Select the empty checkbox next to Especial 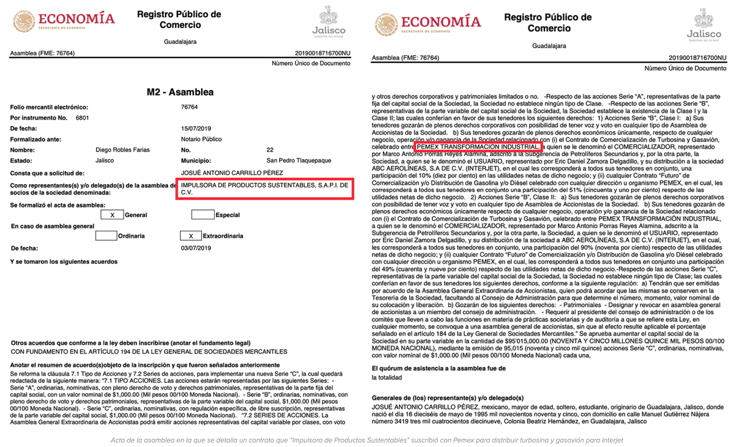tap(202, 215)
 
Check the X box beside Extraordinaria tap(191, 236)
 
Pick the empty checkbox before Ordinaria tap(106, 236)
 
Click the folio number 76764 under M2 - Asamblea tap(190, 107)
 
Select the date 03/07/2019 tap(196, 248)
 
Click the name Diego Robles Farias tap(122, 149)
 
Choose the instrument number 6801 tap(83, 117)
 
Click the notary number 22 tap(270, 149)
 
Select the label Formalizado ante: tap(35, 139)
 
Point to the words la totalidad tap(388, 378)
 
